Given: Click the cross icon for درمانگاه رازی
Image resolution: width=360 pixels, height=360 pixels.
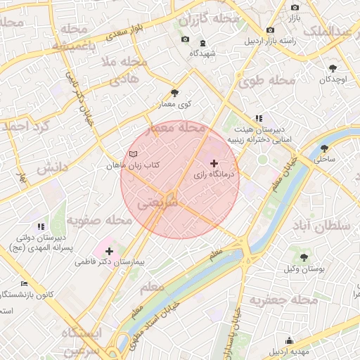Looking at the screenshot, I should tap(214, 162).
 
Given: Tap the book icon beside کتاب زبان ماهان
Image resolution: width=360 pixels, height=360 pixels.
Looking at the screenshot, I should tap(134, 154).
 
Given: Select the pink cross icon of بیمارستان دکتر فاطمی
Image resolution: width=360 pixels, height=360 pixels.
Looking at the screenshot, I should tap(109, 251).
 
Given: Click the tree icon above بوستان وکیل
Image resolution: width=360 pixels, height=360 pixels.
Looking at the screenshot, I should tap(303, 258).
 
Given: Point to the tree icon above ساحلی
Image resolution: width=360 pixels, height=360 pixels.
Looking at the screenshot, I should tap(324, 148).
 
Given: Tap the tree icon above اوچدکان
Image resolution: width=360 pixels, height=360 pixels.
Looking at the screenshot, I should tap(333, 68).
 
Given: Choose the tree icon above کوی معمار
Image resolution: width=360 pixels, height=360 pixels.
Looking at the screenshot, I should tap(175, 93).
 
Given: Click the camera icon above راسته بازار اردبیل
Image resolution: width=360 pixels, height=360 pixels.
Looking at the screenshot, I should tap(271, 30).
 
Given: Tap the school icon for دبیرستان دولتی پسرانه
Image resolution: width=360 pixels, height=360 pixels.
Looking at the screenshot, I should tap(41, 226).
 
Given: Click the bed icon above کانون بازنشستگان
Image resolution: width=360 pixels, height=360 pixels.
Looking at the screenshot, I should tap(25, 283).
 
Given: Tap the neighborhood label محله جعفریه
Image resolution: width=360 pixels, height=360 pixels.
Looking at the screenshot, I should tap(261, 301).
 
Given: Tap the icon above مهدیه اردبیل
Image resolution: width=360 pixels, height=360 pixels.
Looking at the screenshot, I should tap(290, 341).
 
